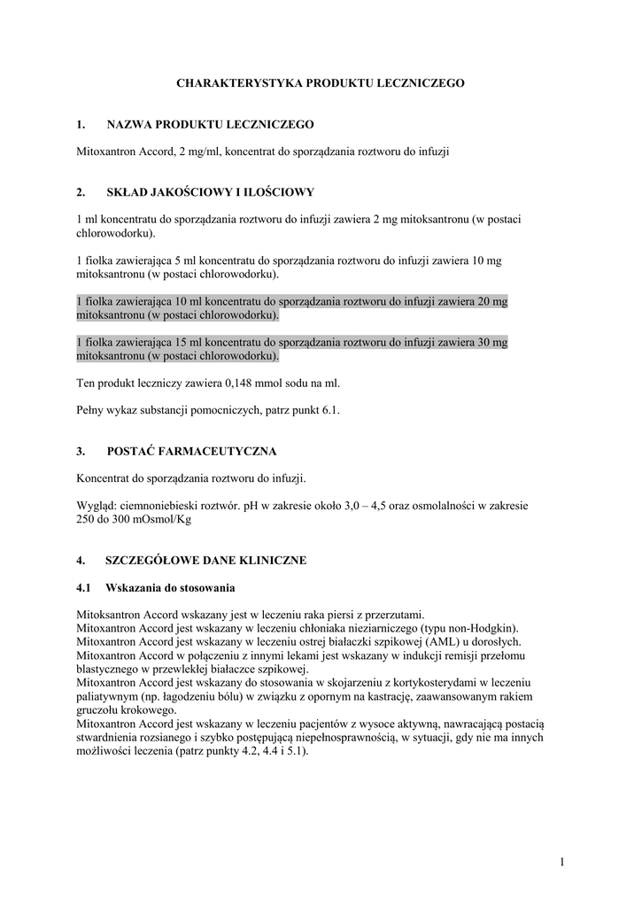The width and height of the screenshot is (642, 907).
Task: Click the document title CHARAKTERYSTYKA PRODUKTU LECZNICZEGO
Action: coord(321,82)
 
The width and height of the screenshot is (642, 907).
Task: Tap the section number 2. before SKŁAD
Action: coord(81,191)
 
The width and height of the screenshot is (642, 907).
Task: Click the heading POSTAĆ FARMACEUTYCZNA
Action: coord(191,451)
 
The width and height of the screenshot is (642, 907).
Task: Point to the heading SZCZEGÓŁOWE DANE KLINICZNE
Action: coord(206,561)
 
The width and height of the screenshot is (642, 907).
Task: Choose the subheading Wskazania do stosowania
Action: coord(170,587)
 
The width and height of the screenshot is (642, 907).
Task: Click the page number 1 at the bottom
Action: coord(562,861)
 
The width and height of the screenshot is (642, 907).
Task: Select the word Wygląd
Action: coord(97,506)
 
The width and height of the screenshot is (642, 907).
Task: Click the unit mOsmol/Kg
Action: coord(162,520)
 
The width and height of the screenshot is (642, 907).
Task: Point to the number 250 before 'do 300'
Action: coord(87,520)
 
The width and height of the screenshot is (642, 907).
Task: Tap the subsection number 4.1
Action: coord(84,587)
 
